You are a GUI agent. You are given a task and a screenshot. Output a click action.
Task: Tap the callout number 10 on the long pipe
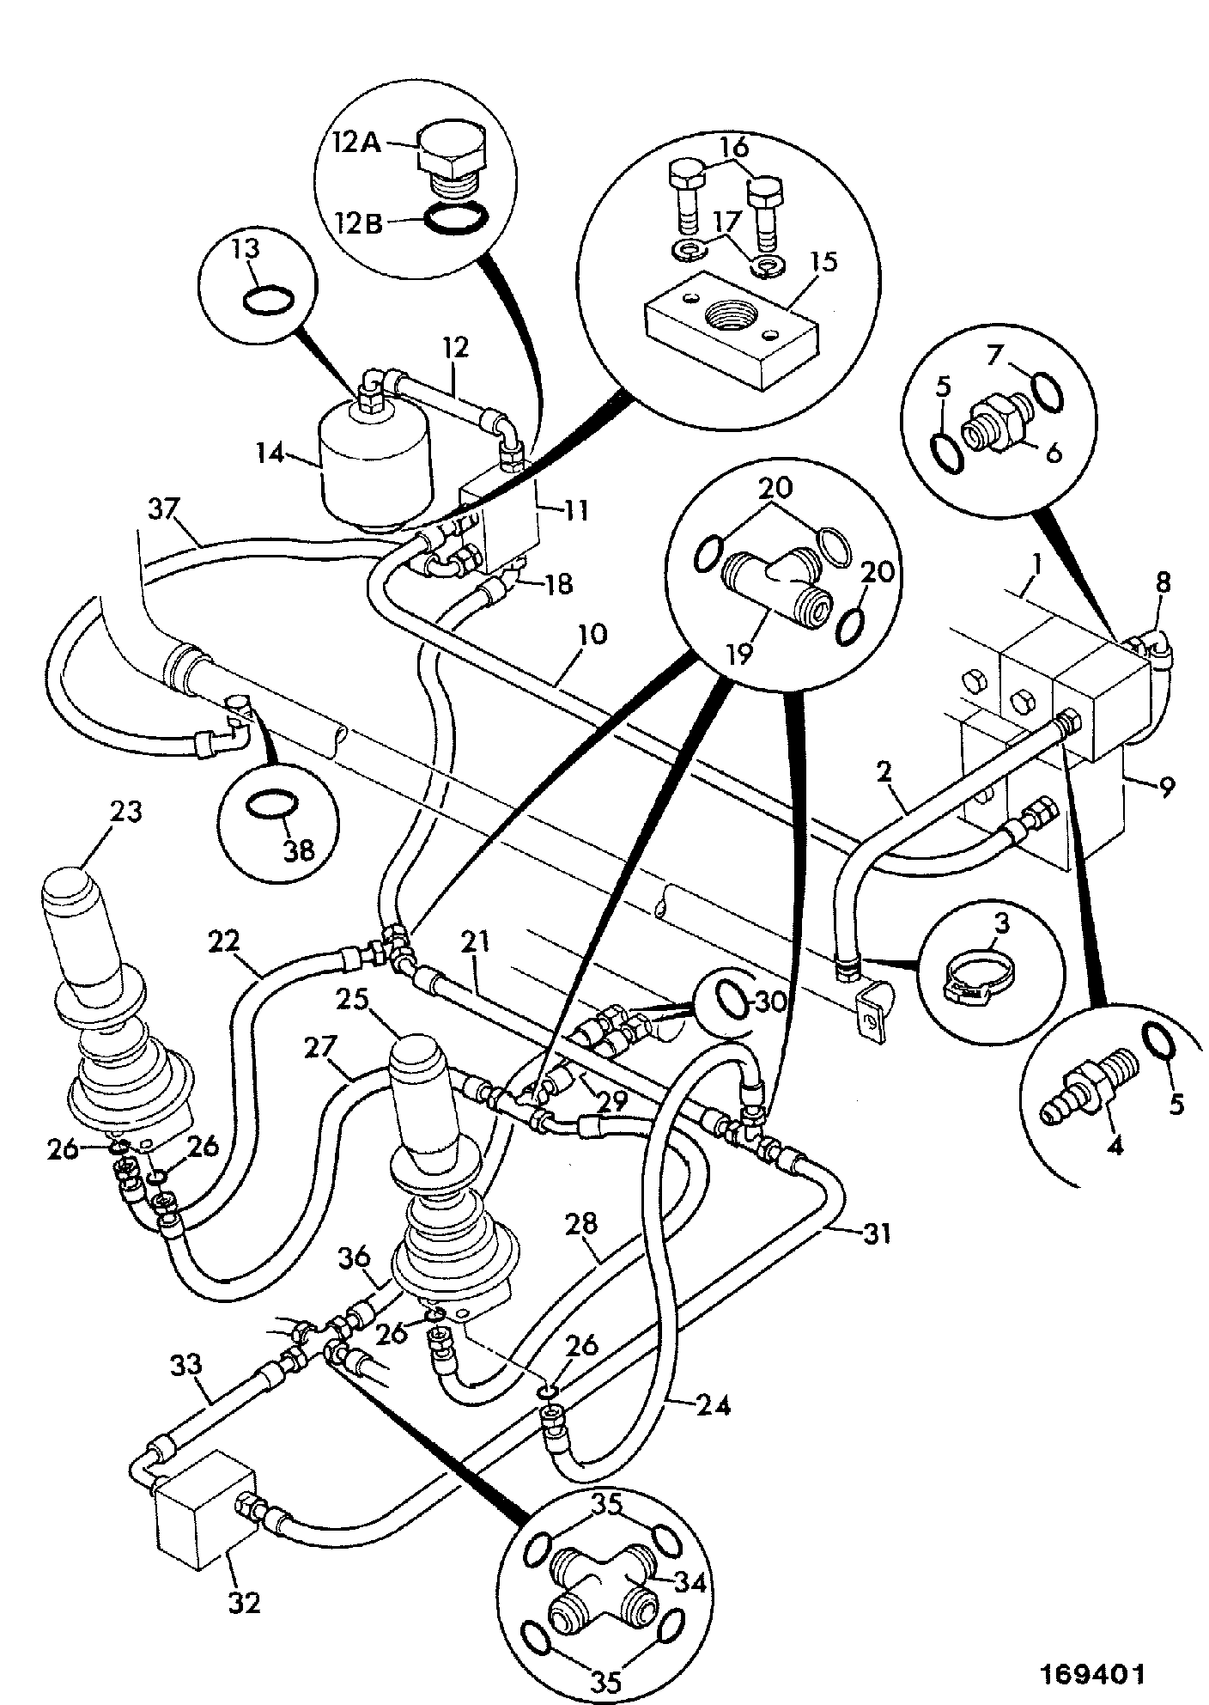592,635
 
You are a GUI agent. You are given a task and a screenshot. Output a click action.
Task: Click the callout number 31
876,1234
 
